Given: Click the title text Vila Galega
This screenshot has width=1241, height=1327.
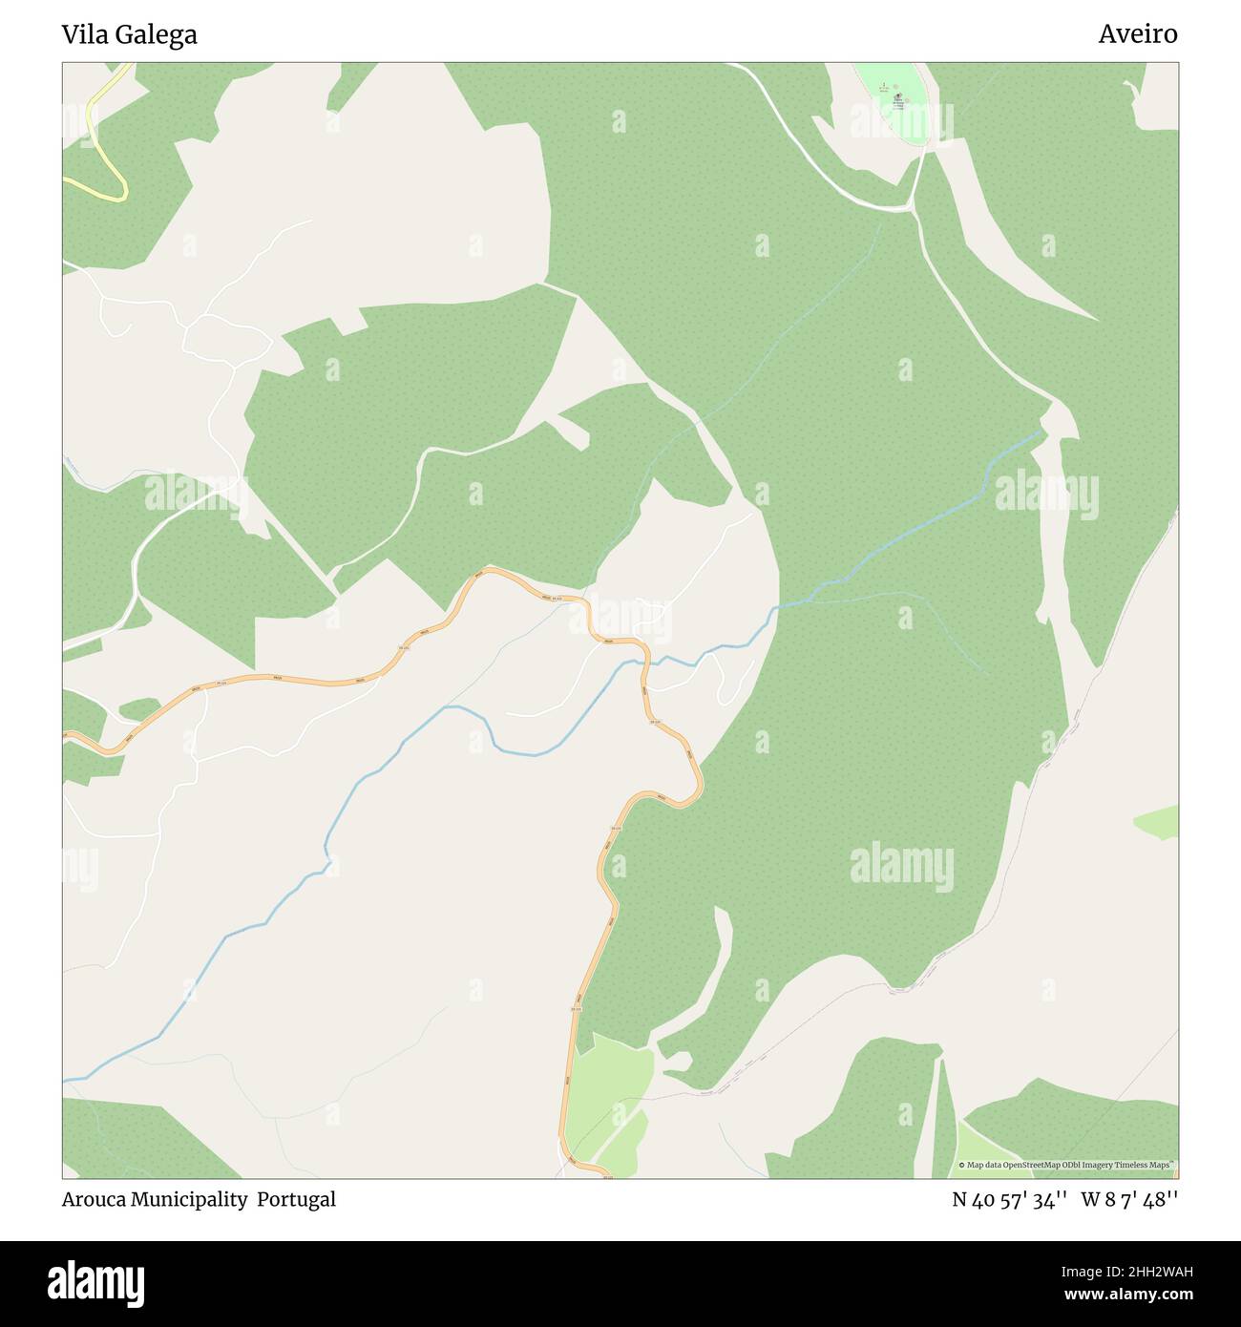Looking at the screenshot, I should [129, 34].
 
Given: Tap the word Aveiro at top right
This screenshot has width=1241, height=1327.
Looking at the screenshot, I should [1137, 34].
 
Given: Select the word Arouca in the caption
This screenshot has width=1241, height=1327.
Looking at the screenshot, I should [94, 1199].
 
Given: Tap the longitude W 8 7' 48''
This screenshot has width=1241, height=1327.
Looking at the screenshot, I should [1129, 1200].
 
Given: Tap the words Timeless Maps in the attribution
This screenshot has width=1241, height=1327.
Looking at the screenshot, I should [1146, 1165].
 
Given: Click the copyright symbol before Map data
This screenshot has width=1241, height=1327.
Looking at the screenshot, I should [962, 1165].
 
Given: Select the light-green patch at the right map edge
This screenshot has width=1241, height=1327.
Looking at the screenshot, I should [1159, 821].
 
